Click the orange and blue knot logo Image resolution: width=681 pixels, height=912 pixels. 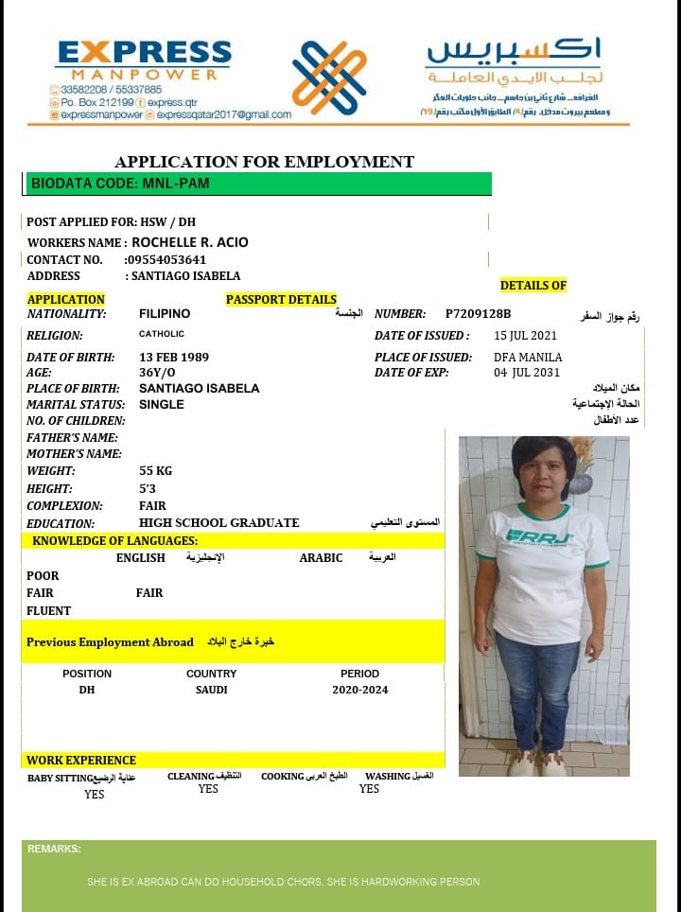pyautogui.click(x=329, y=78)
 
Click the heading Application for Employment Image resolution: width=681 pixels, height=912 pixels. pyautogui.click(x=264, y=162)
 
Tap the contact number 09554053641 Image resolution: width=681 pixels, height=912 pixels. pyautogui.click(x=166, y=259)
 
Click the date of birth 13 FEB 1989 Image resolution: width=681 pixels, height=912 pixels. pyautogui.click(x=174, y=358)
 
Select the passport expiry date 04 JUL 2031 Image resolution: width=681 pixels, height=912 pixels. pyautogui.click(x=526, y=373)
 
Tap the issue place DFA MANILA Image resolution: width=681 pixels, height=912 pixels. pyautogui.click(x=528, y=358)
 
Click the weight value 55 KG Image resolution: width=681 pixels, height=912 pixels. pyautogui.click(x=155, y=471)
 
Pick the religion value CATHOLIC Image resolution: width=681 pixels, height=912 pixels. pyautogui.click(x=162, y=334)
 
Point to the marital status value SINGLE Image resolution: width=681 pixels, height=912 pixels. pyautogui.click(x=162, y=405)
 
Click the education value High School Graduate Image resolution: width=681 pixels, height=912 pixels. pyautogui.click(x=218, y=523)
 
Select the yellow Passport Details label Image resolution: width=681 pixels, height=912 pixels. pyautogui.click(x=281, y=300)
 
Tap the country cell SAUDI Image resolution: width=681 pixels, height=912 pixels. pyautogui.click(x=212, y=690)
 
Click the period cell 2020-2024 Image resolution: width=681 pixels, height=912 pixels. pyautogui.click(x=359, y=690)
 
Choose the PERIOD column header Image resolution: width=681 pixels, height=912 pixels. pyautogui.click(x=359, y=674)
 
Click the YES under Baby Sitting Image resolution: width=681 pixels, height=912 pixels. pyautogui.click(x=94, y=795)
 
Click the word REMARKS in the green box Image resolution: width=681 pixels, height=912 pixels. pyautogui.click(x=54, y=850)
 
